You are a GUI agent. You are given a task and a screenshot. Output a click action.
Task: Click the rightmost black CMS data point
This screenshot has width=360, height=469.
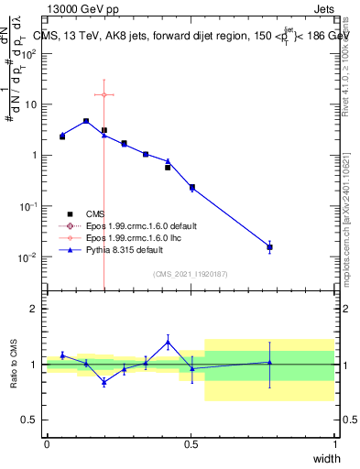269,247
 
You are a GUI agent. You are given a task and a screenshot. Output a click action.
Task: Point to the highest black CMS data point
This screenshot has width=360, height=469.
86,121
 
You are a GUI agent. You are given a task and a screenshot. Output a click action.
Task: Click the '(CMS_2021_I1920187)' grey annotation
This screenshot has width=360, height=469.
191,274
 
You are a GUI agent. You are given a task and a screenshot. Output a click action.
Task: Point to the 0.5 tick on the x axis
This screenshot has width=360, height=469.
191,443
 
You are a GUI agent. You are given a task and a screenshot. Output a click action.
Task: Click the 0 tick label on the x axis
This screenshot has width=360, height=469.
47,443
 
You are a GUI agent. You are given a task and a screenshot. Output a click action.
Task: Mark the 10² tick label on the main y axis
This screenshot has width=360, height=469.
27,52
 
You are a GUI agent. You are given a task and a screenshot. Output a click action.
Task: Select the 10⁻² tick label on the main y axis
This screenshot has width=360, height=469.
27,257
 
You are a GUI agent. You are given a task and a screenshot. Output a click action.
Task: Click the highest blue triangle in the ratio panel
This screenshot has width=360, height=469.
168,343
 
